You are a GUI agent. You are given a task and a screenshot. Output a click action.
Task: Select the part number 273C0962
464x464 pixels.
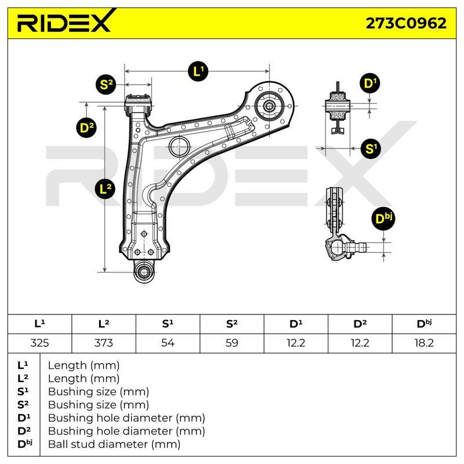406,23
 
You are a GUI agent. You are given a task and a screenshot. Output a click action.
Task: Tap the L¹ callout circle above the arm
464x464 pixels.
198,71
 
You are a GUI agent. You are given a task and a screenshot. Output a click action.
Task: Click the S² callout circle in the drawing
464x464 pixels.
106,85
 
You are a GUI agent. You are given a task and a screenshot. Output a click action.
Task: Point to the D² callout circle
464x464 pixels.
86,128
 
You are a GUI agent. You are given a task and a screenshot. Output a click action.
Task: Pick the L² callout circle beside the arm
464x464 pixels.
105,188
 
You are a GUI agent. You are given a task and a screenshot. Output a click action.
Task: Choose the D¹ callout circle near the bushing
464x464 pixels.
370,83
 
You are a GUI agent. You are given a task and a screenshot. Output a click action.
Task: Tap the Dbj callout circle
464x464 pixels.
383,219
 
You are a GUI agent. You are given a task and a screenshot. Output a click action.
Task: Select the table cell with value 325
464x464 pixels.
39,343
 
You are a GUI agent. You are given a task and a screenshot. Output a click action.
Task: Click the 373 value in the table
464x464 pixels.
104,343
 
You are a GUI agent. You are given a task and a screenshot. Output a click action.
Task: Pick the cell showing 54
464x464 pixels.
168,343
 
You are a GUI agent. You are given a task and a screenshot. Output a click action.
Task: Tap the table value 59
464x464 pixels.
231,343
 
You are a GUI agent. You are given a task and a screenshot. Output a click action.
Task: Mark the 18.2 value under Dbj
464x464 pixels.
424,343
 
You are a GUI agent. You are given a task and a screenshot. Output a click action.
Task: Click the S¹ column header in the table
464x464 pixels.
168,324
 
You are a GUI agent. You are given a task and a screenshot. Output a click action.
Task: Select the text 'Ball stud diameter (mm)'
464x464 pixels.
114,444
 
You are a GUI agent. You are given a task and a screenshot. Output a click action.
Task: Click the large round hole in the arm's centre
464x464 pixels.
179,147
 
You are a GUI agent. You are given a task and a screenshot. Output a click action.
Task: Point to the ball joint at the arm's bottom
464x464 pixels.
144,271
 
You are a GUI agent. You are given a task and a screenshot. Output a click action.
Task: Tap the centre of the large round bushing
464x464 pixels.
269,106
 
